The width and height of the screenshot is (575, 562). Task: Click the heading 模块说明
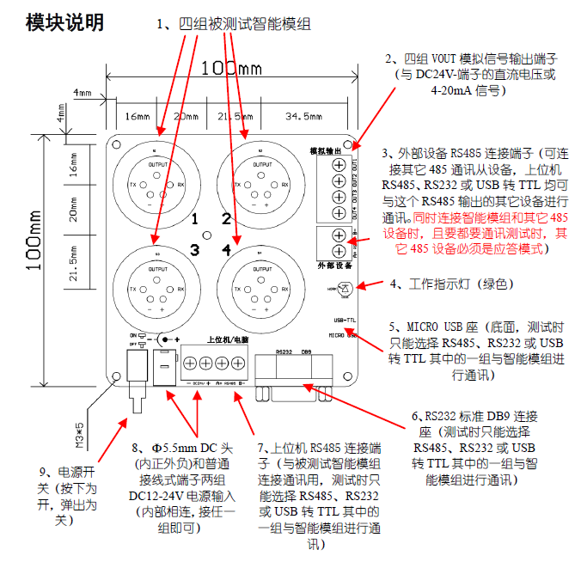[x=65, y=21]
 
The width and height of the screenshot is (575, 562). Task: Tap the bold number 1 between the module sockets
[x=195, y=218]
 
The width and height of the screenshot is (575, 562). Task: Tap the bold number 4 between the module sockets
[x=225, y=249]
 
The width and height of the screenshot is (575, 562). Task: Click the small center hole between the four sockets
[x=206, y=235]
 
